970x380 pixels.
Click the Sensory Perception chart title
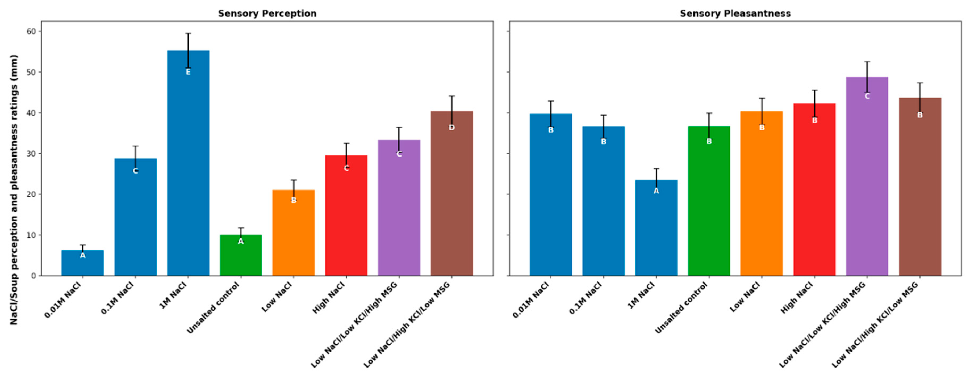267,14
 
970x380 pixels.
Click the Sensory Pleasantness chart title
735,14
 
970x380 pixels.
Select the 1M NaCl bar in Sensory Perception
188,169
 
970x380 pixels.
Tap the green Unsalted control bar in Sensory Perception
241,260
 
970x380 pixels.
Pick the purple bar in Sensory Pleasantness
867,181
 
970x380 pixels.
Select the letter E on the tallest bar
188,72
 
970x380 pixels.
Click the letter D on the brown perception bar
451,128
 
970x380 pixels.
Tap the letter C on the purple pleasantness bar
867,96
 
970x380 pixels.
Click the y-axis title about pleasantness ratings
14,190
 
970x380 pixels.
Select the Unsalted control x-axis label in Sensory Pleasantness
682,309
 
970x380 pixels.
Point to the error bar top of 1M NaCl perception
188,33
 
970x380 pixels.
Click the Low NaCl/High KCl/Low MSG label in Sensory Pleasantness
876,326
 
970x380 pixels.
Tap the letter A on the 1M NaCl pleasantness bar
656,191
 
